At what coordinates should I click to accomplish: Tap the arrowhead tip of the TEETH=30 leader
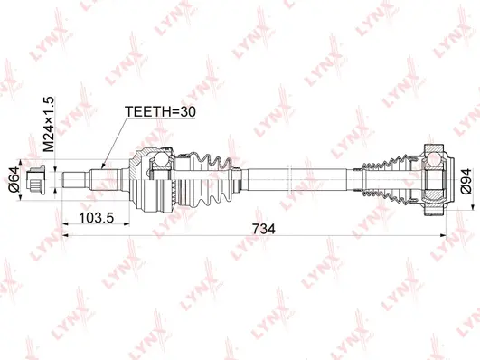pos(102,168)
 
